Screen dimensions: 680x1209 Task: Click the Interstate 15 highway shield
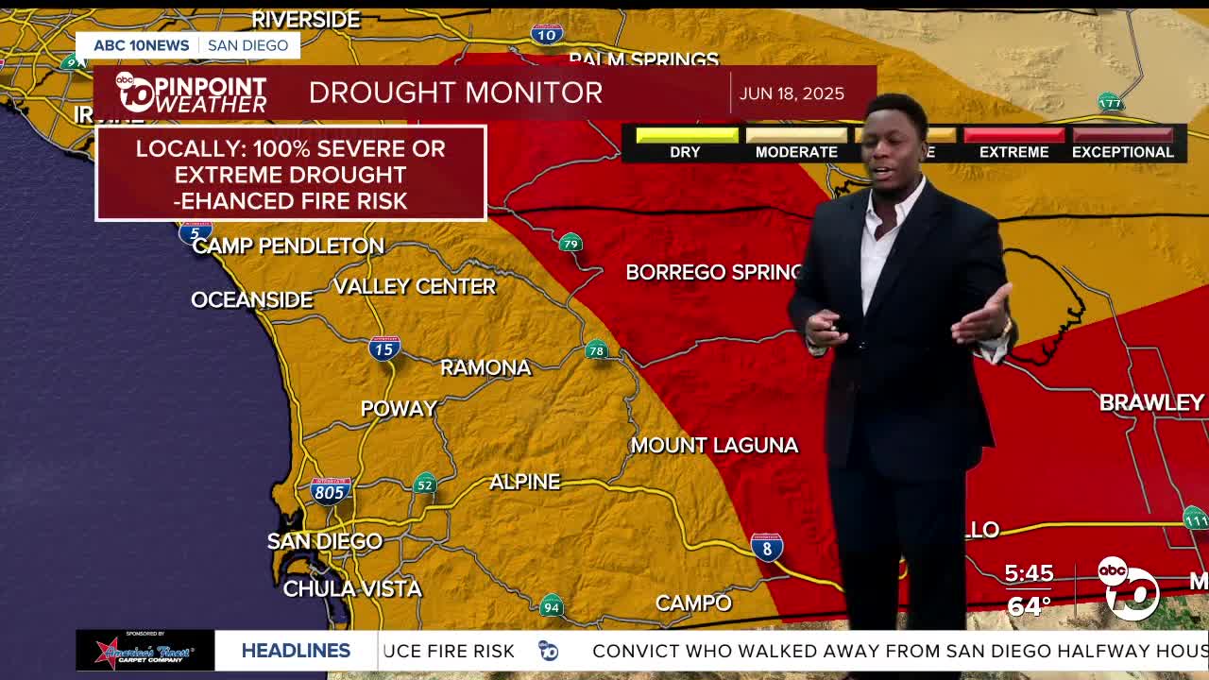pyautogui.click(x=384, y=348)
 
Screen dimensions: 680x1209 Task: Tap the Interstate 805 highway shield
pyautogui.click(x=331, y=489)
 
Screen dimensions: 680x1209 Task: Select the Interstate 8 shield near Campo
pyautogui.click(x=767, y=546)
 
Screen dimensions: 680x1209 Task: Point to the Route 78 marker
pyautogui.click(x=596, y=350)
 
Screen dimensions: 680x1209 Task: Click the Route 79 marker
pyautogui.click(x=570, y=244)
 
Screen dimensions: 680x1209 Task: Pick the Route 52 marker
pyautogui.click(x=425, y=484)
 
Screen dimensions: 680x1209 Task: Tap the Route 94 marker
pyautogui.click(x=552, y=606)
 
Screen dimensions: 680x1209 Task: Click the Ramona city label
pyautogui.click(x=485, y=367)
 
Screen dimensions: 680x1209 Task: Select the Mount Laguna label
pyautogui.click(x=714, y=445)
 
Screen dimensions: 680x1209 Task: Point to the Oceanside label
pyautogui.click(x=251, y=299)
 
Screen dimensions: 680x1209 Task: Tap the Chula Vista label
pyautogui.click(x=352, y=588)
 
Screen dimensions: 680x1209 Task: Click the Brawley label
pyautogui.click(x=1151, y=402)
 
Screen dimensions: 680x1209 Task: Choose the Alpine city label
pyautogui.click(x=524, y=482)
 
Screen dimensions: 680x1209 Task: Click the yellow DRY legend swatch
pyautogui.click(x=687, y=135)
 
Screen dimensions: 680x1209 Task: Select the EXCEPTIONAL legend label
pyautogui.click(x=1122, y=152)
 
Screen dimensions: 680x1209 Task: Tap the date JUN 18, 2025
pyautogui.click(x=792, y=93)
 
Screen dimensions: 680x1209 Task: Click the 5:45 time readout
pyautogui.click(x=1029, y=573)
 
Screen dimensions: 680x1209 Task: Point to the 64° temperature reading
pyautogui.click(x=1029, y=605)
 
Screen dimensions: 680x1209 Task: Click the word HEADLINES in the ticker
pyautogui.click(x=296, y=651)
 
